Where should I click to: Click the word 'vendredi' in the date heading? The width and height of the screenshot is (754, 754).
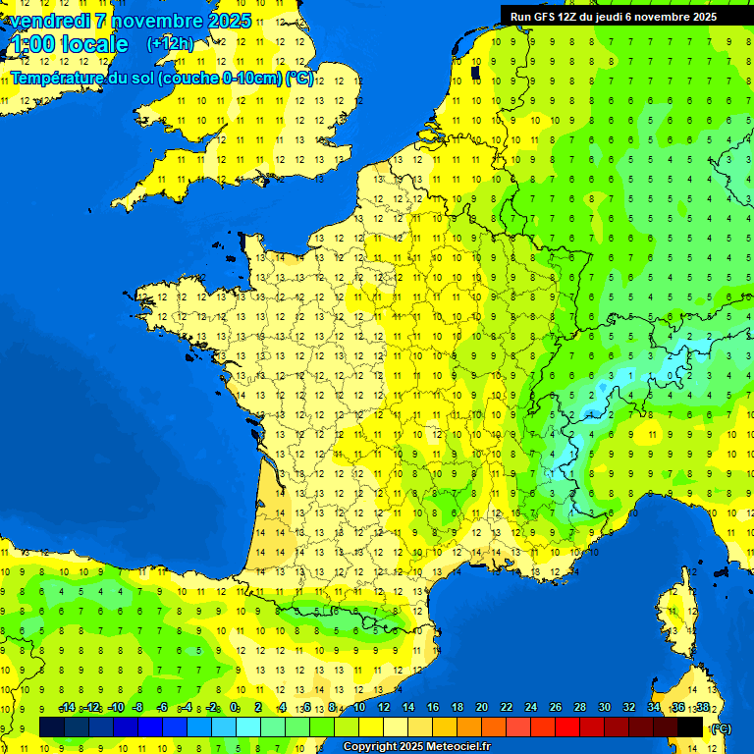point(50,21)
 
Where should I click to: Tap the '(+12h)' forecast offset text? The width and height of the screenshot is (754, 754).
point(170,43)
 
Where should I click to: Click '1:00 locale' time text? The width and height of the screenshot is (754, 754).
point(70,44)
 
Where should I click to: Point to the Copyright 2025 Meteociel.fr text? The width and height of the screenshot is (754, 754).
point(416,747)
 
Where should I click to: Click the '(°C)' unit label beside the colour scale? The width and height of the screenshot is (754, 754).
point(721,728)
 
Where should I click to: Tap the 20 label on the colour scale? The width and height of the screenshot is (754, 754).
point(481,708)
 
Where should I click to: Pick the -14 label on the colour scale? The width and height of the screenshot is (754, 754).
point(67,708)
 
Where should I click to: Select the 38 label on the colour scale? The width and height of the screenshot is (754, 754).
point(702,708)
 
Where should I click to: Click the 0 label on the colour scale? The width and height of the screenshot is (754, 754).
point(235,708)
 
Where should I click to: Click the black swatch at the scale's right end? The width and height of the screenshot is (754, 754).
point(691,727)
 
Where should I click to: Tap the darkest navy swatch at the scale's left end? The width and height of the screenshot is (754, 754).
point(52,727)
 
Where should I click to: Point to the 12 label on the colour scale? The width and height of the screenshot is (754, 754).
point(383,708)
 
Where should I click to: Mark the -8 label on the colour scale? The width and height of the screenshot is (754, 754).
point(139,708)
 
